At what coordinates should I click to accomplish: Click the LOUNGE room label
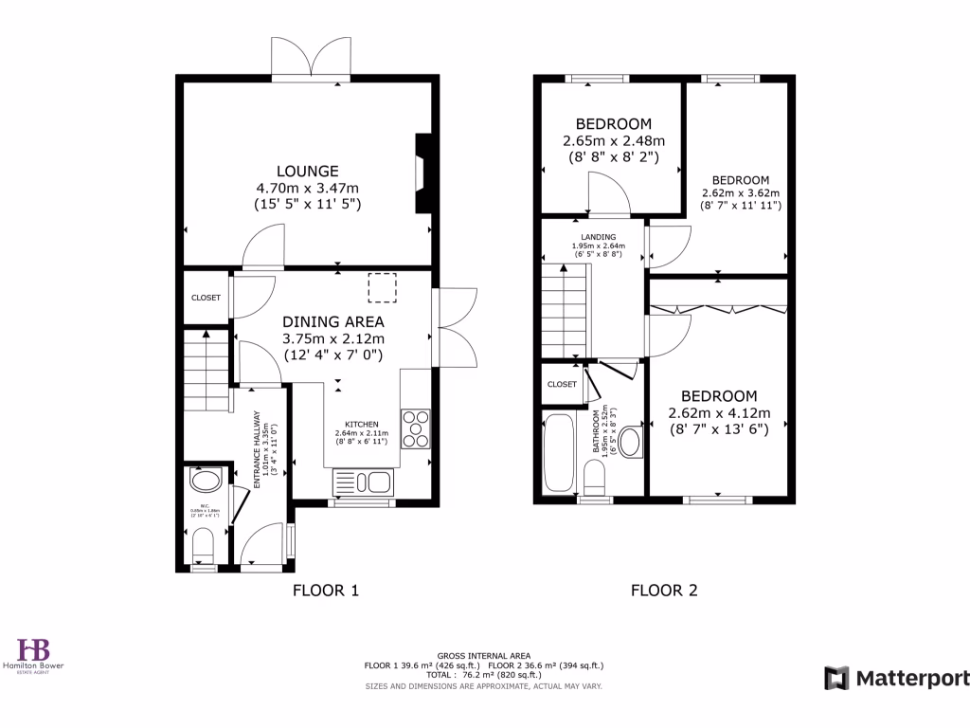click(x=307, y=172)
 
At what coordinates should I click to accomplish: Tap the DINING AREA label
click(x=333, y=322)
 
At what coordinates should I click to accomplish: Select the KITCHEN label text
click(x=362, y=425)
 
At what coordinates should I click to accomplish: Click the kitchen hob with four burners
click(x=416, y=427)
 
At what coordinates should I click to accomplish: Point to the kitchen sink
click(x=363, y=482)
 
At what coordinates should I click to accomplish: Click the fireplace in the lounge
click(x=421, y=173)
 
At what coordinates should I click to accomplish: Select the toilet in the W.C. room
click(x=204, y=544)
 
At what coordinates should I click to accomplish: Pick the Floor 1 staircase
click(x=207, y=371)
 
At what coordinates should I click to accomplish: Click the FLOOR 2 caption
click(x=664, y=591)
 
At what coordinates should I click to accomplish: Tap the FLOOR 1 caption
click(x=325, y=591)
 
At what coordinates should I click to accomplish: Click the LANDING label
click(x=598, y=237)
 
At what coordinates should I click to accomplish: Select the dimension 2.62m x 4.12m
click(x=719, y=413)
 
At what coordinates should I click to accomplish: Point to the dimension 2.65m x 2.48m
click(x=613, y=141)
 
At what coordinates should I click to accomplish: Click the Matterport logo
click(x=896, y=678)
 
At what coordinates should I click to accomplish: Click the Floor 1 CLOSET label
click(x=206, y=298)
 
